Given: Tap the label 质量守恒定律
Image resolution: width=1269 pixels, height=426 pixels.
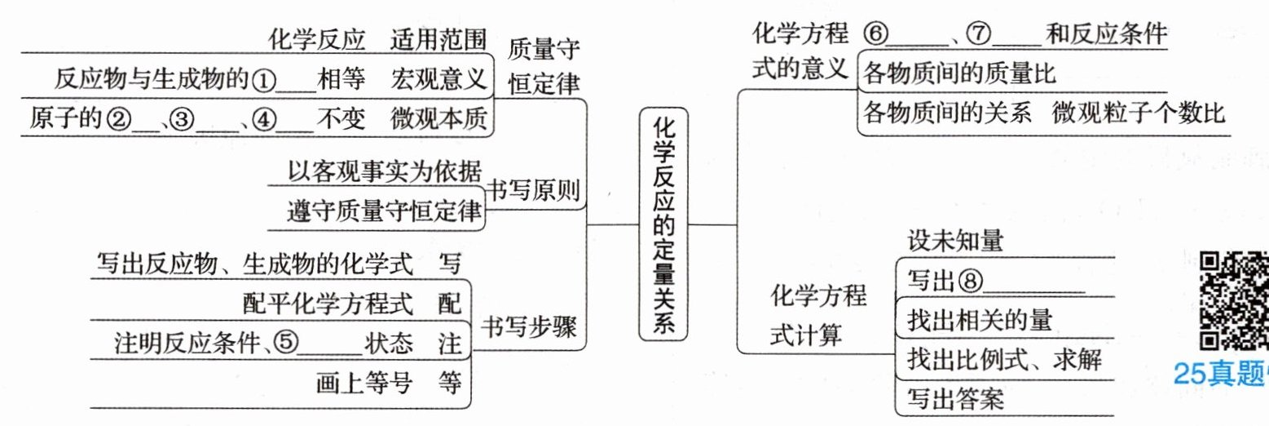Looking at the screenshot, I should click(x=544, y=67).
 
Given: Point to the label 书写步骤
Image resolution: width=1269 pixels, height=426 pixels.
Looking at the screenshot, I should click(x=529, y=328).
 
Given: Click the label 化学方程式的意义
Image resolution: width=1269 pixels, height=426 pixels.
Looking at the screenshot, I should click(x=800, y=51).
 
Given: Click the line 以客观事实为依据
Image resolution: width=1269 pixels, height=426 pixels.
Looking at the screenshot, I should click(x=385, y=173).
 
